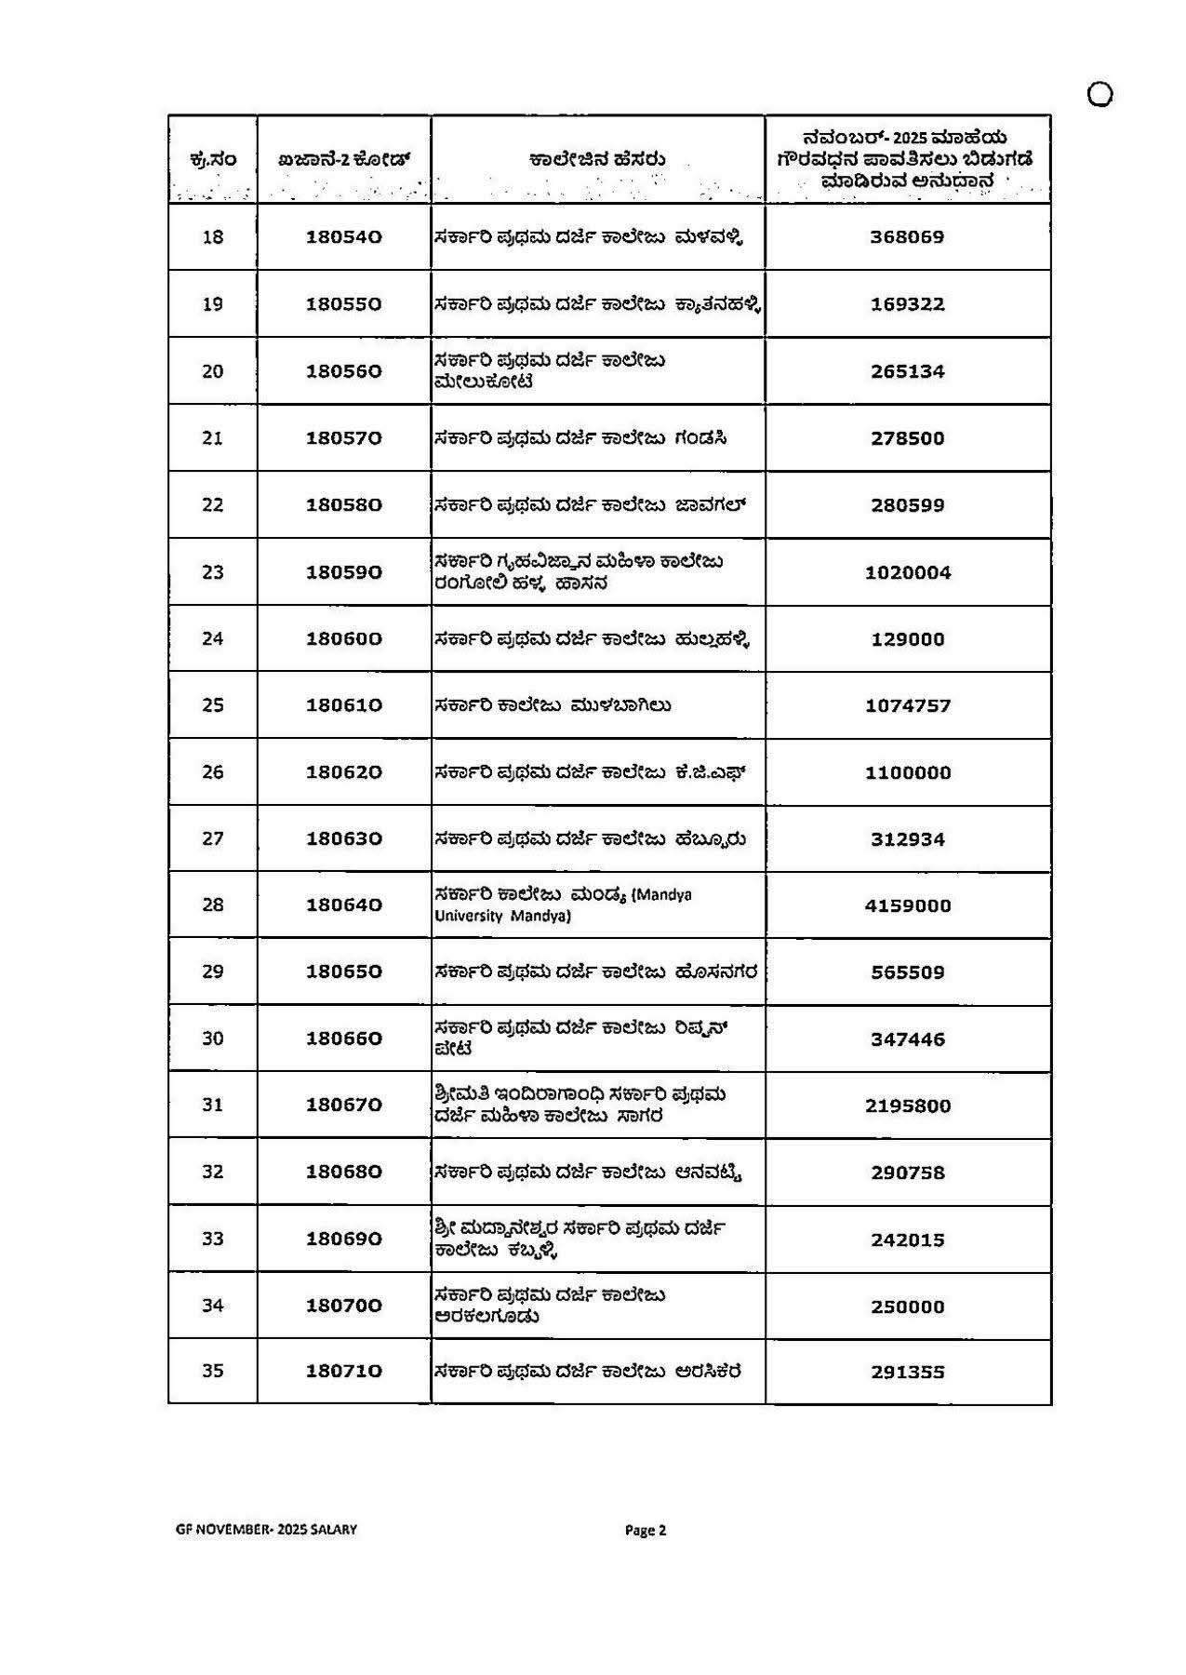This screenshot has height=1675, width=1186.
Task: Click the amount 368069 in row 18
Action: coord(907,237)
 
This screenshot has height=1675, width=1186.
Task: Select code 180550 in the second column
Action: coord(344,304)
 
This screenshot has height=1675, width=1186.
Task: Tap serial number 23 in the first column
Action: coord(213,571)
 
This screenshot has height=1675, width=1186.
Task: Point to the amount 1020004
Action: coord(908,572)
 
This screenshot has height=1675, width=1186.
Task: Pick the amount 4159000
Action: coord(908,905)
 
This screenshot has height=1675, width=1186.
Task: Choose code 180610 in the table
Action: coord(344,705)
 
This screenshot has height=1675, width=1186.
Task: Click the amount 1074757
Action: coord(908,705)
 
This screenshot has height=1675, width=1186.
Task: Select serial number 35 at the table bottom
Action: coord(213,1371)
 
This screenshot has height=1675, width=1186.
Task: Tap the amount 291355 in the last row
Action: coord(908,1372)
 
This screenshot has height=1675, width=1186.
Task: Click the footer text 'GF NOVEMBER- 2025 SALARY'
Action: coord(266,1530)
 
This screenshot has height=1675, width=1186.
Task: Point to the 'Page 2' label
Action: coord(646,1530)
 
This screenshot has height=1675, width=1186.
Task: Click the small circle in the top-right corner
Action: coord(1100,95)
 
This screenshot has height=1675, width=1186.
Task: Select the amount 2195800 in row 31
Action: coord(908,1105)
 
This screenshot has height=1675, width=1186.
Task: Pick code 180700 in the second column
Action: coord(344,1306)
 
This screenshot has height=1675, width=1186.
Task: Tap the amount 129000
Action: coord(908,639)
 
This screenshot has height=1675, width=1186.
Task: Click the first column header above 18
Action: coord(213,160)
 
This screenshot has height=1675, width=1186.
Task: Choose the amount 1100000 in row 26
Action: coord(908,772)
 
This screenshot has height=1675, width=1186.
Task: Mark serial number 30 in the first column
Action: coord(213,1038)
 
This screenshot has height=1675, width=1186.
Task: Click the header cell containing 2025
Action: coord(907,159)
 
